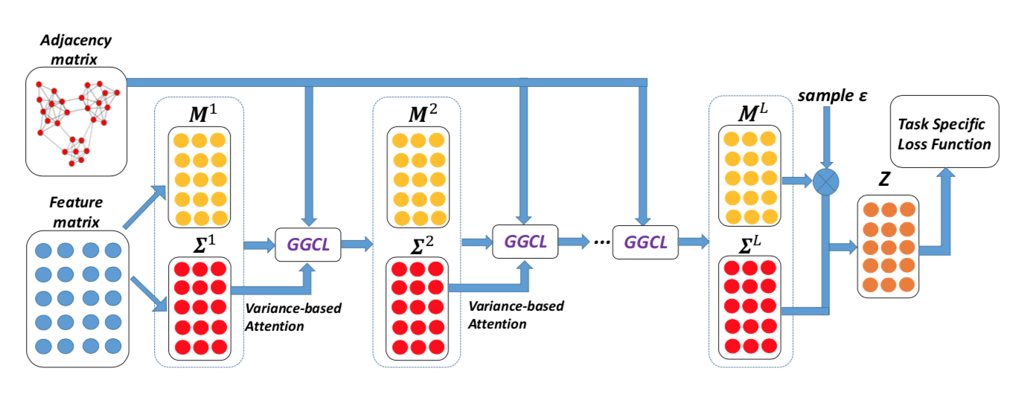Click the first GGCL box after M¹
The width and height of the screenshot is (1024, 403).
(308, 245)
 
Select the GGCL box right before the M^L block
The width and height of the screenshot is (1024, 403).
(645, 242)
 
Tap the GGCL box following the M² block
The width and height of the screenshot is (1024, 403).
(525, 241)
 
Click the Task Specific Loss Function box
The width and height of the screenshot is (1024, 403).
(944, 132)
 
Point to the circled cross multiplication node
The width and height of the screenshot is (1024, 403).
(825, 181)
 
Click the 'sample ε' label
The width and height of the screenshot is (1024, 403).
(832, 96)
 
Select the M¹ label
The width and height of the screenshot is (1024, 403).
(203, 113)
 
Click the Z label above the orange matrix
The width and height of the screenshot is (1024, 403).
(885, 179)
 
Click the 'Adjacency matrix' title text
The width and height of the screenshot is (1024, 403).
(75, 49)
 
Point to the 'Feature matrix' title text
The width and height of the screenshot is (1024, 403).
(76, 212)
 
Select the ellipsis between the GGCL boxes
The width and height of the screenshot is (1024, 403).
(601, 242)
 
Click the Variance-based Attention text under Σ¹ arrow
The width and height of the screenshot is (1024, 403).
(293, 317)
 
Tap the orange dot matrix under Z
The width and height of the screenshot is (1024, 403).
(889, 247)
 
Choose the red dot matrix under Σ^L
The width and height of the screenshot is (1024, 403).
(749, 308)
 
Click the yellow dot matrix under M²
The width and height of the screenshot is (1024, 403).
(418, 177)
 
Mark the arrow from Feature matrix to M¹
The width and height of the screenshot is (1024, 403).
(144, 207)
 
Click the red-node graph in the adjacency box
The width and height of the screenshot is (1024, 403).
(77, 123)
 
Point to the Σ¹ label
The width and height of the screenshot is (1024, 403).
(205, 245)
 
